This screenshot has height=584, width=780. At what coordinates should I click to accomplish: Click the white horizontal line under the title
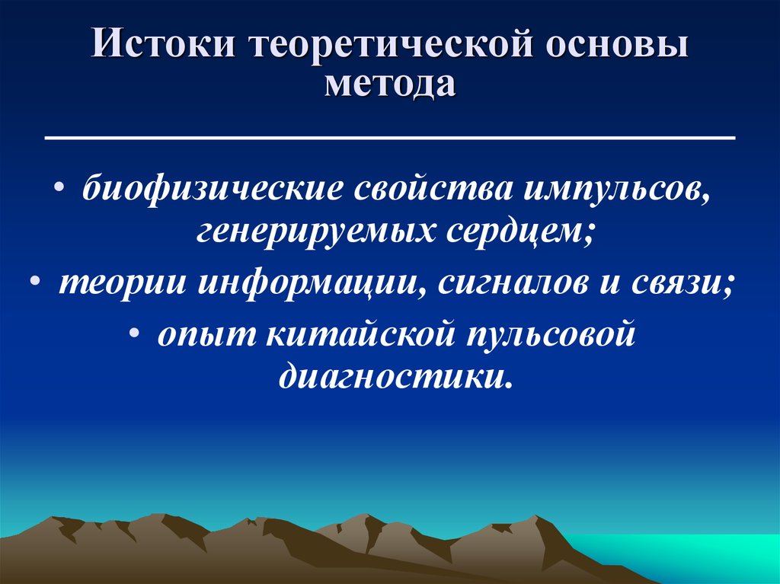(x=390, y=139)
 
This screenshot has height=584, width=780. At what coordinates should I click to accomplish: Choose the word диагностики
(x=394, y=375)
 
